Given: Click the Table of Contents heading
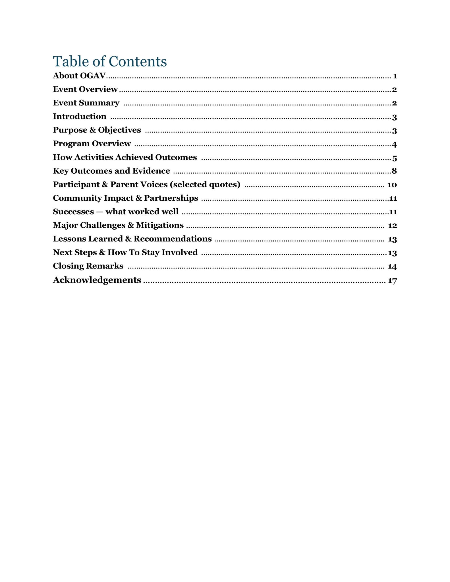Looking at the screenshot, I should point(110,61).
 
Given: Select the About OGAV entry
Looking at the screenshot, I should point(79,76).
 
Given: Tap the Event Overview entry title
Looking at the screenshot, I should point(85,89).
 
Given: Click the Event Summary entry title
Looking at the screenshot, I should point(86,103).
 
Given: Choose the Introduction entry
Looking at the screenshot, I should point(80,117).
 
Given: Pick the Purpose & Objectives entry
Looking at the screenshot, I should point(97,130).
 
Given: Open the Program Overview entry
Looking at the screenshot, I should point(92,144).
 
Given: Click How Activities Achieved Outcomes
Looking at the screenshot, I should point(125,157).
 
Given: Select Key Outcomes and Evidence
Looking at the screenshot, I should point(111,171).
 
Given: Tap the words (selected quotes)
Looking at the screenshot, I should point(205,185).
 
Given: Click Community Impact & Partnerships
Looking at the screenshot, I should point(125,198).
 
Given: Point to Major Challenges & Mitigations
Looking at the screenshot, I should point(118,225).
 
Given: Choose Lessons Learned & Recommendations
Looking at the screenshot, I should point(132,239).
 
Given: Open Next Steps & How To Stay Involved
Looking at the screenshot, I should point(125,253).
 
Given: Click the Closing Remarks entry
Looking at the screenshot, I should point(88,266).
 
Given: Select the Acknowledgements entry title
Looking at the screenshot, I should point(97,280).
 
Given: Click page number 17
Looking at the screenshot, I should point(392,281).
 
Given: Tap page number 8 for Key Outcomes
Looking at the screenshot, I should point(394,171).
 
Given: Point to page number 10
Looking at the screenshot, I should point(392,185).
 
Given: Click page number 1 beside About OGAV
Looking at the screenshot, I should point(395,76).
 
